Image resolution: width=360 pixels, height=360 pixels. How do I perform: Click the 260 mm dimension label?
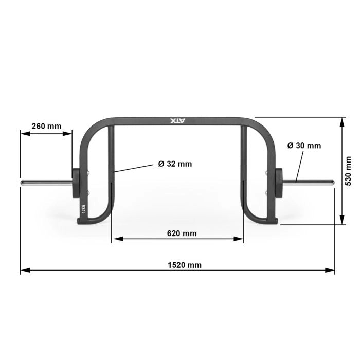tap(46, 126)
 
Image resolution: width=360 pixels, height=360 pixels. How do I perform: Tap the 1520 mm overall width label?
tap(185, 265)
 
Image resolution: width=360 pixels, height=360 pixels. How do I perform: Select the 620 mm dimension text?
tap(182, 233)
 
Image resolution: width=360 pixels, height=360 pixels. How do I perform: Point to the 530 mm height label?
tap(348, 171)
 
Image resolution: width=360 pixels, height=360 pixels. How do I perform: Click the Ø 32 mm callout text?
tap(175, 164)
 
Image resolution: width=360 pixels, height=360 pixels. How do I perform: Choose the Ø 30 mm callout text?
tap(304, 146)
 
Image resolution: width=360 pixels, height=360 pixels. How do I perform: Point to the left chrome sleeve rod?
tap(45, 182)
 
